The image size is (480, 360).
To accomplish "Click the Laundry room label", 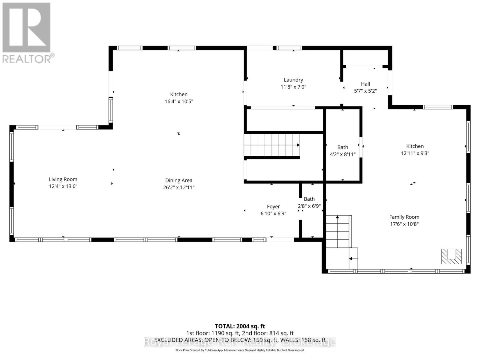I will tap(293, 80).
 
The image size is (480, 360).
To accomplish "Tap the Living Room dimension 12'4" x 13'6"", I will tap(63, 186).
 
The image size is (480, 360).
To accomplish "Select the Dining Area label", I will tap(178, 180).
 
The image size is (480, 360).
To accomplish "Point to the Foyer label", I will tap(273, 206).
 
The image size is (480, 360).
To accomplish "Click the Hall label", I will tap(365, 84).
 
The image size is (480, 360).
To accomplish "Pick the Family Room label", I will tap(404, 217).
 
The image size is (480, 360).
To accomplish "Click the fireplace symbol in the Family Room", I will tap(451, 256).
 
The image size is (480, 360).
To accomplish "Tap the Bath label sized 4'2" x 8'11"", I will tap(343, 147).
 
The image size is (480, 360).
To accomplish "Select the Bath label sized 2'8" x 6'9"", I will tap(309, 199).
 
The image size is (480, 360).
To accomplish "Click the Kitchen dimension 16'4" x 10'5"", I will tap(178, 101).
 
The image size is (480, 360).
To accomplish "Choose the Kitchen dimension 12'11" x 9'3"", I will tap(415, 153).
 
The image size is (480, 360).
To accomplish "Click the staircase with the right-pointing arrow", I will tap(271, 145).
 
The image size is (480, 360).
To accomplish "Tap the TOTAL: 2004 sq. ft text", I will tap(240, 326).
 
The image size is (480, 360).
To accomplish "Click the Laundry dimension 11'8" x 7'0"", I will tap(293, 87).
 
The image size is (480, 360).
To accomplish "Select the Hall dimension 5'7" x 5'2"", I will tap(365, 91).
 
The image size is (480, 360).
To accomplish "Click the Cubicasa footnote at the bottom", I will tap(240, 350).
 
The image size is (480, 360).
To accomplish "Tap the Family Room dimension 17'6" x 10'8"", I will tap(404, 224).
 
